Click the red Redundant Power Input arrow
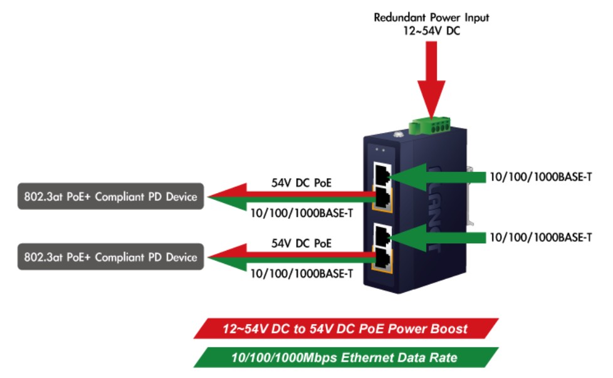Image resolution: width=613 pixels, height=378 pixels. tap(431, 78)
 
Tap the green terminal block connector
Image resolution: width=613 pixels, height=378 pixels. tap(429, 126)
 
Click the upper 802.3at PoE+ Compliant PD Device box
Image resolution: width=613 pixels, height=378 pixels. tap(111, 196)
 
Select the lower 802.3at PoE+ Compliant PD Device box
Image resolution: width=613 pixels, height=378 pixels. tap(111, 257)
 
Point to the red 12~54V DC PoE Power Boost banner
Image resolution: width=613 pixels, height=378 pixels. tap(346, 328)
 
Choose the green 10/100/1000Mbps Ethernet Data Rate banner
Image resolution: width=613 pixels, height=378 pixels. tap(346, 357)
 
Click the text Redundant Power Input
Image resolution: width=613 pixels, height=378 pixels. tap(431, 18)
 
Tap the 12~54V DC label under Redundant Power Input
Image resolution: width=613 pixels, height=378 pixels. tap(432, 31)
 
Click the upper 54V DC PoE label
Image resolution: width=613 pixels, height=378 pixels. tap(301, 183)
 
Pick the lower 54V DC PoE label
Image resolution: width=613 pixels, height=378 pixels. tap(301, 243)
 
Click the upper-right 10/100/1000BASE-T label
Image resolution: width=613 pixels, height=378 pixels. tap(541, 177)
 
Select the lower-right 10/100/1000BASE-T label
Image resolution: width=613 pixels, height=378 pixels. tap(541, 238)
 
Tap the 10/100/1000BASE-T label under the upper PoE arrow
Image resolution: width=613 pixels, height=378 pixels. tap(301, 213)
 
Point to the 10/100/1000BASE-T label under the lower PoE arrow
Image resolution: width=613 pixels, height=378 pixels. tap(301, 274)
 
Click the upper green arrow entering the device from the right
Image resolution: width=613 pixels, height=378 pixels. tap(437, 177)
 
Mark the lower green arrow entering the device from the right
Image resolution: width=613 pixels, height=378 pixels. tap(437, 238)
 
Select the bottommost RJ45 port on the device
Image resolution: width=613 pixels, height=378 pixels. tap(382, 260)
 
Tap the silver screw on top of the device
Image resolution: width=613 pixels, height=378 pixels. tap(399, 135)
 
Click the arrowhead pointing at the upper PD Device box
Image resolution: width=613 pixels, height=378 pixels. tap(227, 197)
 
